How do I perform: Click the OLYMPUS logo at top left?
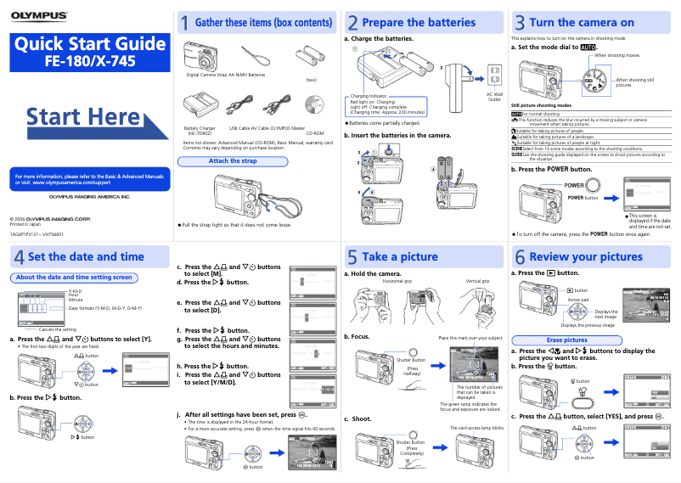coord(39,15)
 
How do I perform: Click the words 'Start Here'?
coord(83,117)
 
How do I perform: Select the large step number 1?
coord(183,23)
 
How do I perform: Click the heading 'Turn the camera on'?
coord(582,23)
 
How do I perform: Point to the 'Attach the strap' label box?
coord(233,160)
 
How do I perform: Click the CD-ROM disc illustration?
coord(314,108)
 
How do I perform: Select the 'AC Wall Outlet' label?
coord(494,97)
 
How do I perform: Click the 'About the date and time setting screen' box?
coord(75,277)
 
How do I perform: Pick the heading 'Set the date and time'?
coord(86,256)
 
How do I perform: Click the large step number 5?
coord(352,256)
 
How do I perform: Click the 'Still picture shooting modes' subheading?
coord(542,104)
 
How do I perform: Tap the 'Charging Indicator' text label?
coord(369,97)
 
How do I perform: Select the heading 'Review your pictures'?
coord(586,256)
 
